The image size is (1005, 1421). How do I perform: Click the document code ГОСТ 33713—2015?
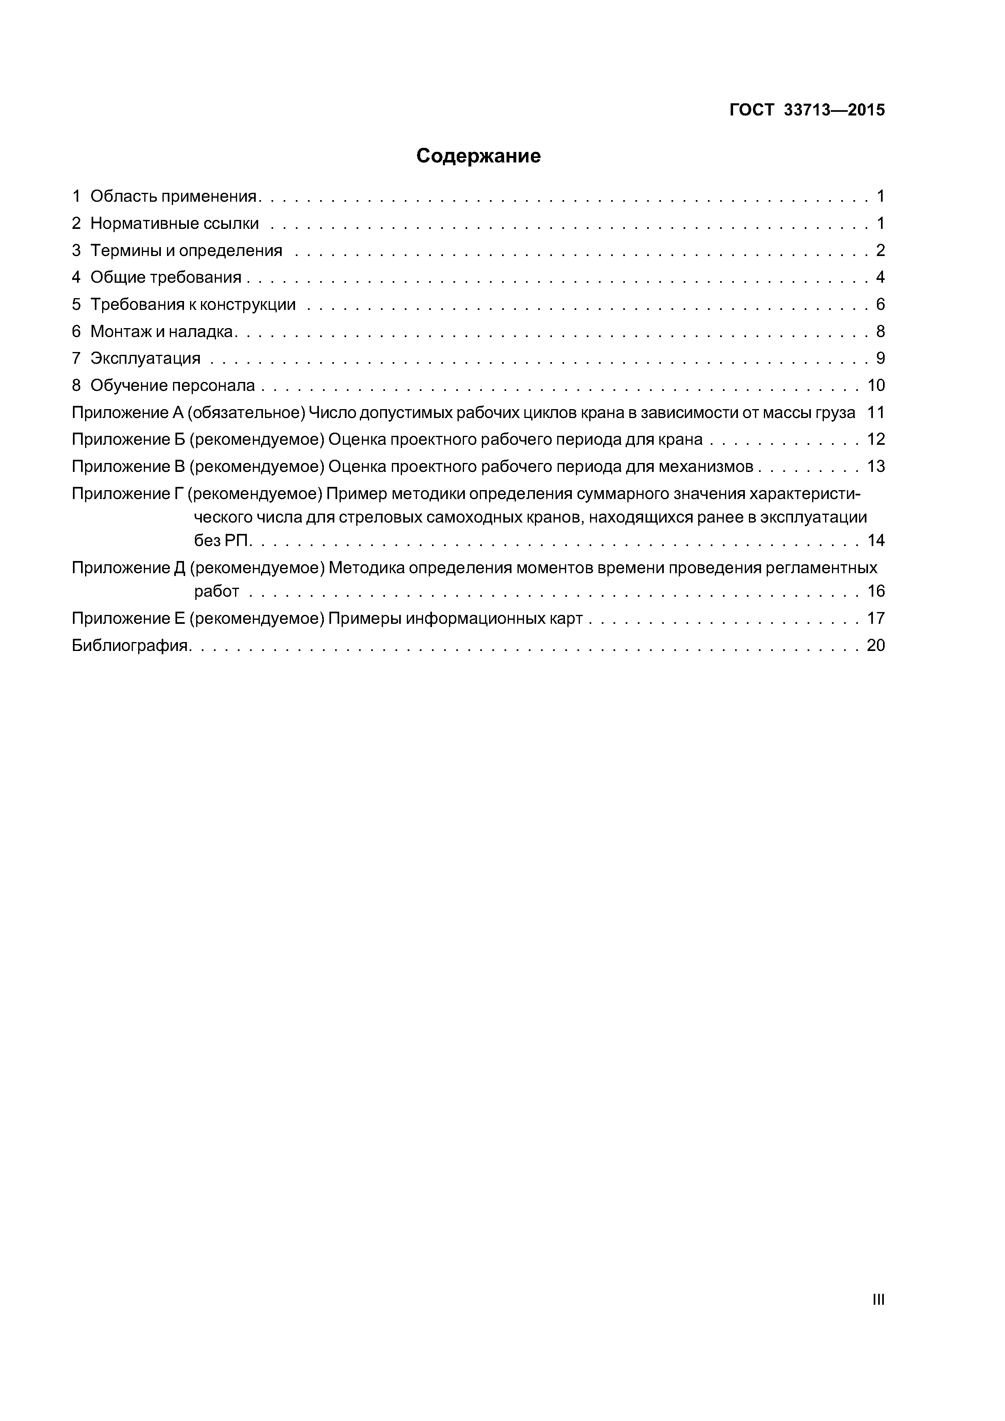tap(807, 110)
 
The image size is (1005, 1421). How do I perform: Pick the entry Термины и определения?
tap(186, 251)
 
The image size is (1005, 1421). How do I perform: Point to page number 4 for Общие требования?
tap(880, 277)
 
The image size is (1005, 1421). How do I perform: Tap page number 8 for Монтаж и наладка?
tap(880, 332)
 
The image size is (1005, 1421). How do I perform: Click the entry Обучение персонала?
tap(172, 386)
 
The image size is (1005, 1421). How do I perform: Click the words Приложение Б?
tap(129, 440)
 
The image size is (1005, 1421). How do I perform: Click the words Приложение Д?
tap(129, 568)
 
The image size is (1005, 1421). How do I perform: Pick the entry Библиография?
tap(130, 646)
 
